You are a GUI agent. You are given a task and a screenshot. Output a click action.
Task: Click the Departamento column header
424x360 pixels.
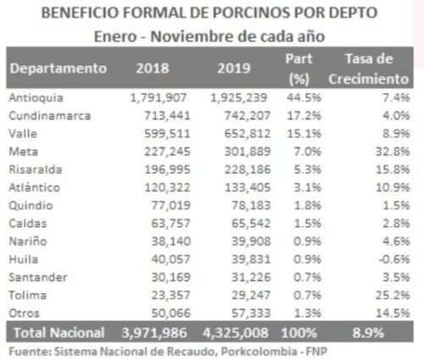59,69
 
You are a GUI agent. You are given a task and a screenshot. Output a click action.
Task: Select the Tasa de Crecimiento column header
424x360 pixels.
369,69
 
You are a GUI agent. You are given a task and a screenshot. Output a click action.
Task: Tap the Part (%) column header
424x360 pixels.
298,69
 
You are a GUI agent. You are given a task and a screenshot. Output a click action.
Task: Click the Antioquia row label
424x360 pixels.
36,97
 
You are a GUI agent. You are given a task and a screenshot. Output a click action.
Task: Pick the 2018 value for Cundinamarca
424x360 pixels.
167,116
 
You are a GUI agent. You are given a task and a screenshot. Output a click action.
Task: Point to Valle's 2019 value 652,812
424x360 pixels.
248,134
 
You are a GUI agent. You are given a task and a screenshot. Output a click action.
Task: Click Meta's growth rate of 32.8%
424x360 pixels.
393,152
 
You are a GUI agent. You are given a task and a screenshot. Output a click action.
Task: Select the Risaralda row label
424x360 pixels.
36,169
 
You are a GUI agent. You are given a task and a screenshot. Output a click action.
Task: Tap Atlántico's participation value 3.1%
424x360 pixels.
307,187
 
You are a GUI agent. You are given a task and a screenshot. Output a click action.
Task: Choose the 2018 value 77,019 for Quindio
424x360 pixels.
170,206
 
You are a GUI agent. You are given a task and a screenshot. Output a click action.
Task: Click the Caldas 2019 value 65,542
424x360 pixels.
251,224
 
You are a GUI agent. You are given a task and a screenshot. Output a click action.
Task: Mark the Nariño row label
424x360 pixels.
28,241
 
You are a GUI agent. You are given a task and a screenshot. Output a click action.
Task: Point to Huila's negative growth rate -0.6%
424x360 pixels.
394,259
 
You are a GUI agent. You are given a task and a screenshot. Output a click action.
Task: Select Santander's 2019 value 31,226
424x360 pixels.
251,277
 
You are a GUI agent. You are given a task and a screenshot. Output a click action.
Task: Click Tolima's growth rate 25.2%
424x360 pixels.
393,296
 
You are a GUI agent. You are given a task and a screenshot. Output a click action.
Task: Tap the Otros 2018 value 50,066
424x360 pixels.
170,313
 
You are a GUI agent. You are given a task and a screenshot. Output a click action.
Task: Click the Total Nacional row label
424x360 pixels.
59,333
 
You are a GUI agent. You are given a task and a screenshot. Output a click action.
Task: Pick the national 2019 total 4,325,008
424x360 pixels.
236,333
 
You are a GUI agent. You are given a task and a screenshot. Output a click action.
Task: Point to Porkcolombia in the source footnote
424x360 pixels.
259,352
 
